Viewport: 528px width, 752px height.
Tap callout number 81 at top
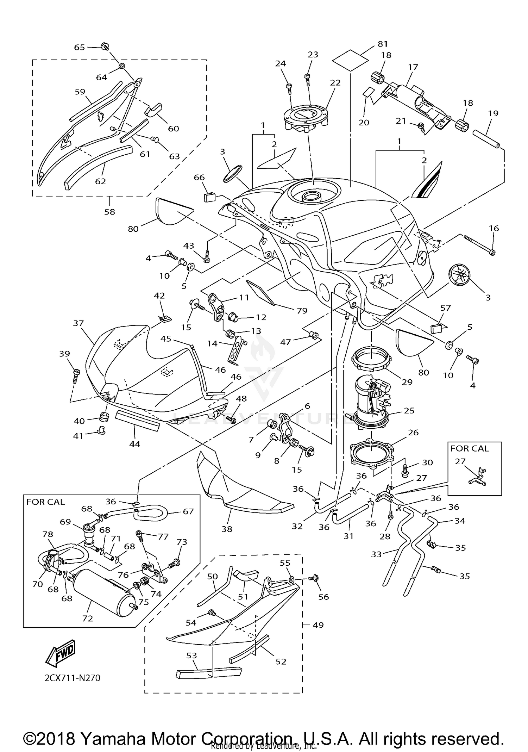tap(383, 44)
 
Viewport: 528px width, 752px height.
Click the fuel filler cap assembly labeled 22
tap(305, 119)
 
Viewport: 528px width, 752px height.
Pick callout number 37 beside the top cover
tap(78, 323)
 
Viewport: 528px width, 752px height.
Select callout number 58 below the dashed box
tap(109, 212)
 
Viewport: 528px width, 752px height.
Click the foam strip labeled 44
tap(137, 420)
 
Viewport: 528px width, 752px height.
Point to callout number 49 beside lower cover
tap(318, 625)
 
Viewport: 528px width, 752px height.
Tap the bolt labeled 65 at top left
tap(105, 46)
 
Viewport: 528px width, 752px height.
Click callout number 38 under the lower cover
tap(227, 529)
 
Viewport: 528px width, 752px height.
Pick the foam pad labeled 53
tap(209, 671)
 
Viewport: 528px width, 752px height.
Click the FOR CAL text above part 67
tap(45, 502)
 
